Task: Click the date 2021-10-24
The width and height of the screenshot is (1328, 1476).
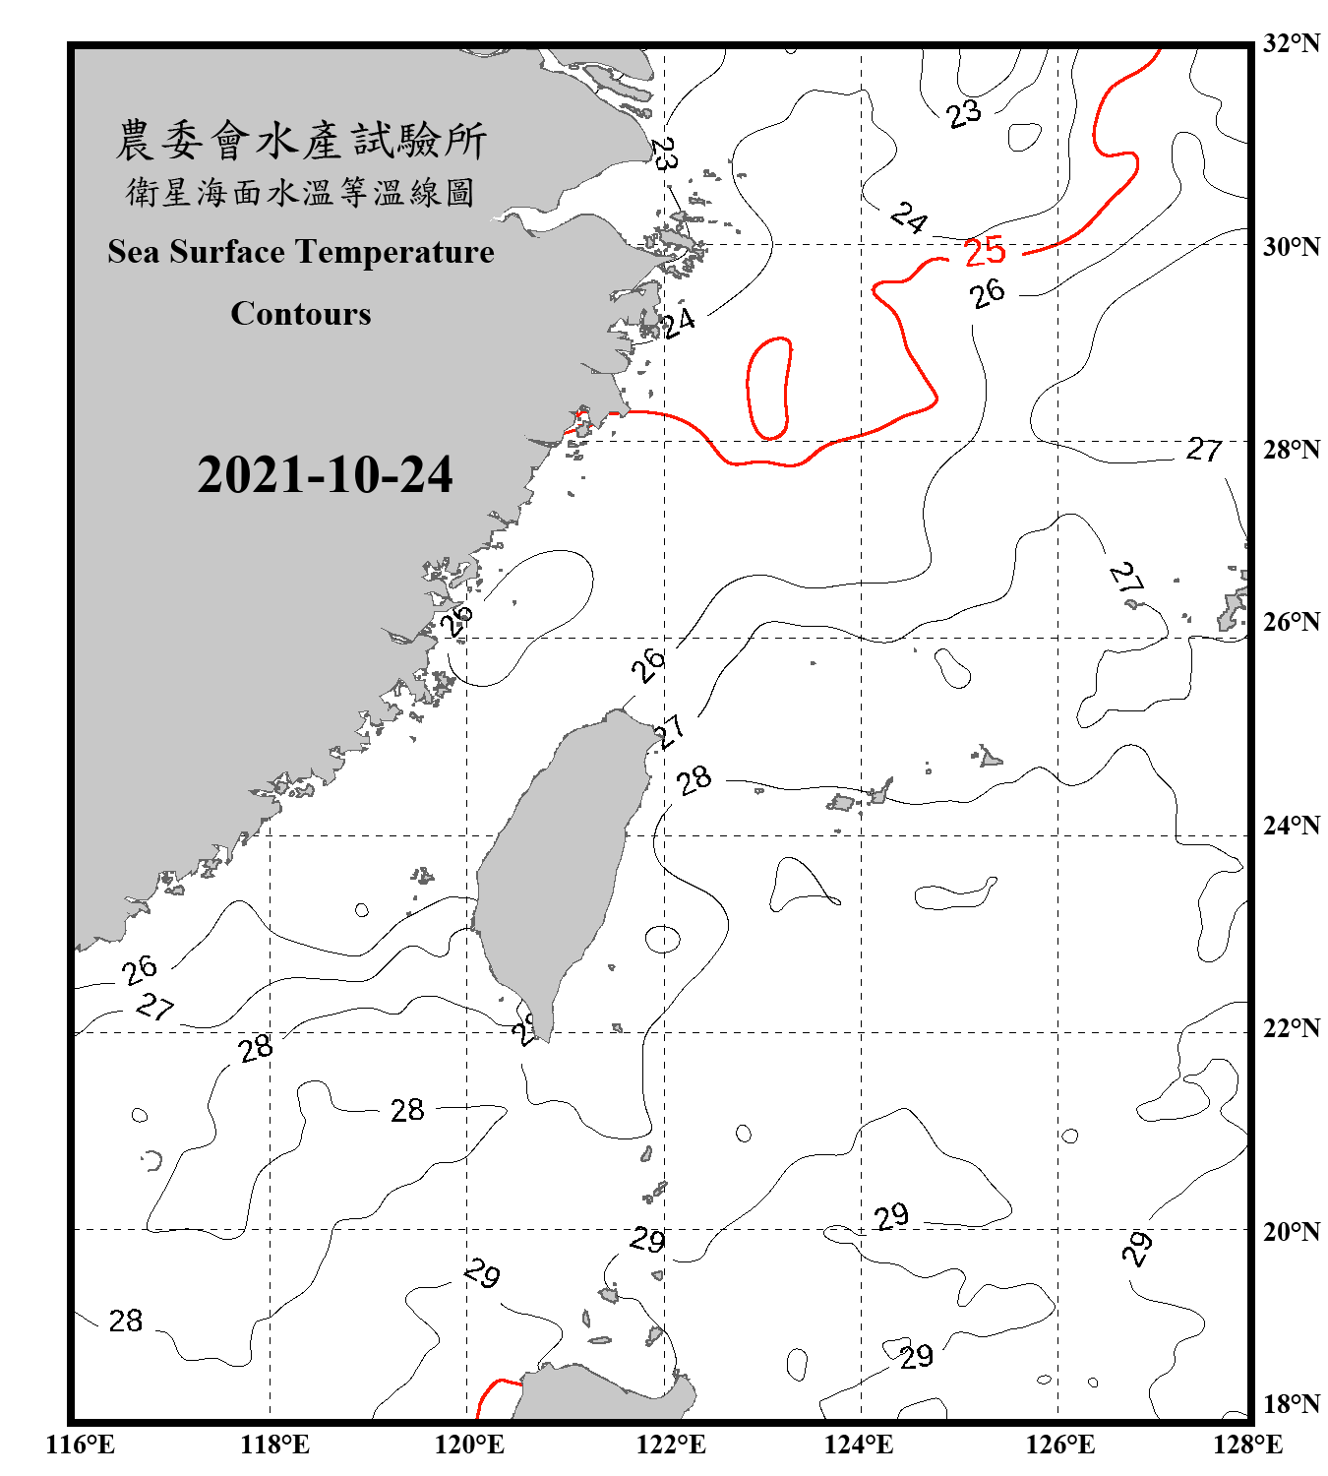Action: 325,475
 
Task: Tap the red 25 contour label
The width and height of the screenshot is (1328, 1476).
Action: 985,252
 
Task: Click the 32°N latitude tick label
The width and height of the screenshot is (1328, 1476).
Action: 1291,43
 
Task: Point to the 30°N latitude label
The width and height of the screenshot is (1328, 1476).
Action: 1291,246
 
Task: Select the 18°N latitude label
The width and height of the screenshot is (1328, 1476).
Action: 1291,1403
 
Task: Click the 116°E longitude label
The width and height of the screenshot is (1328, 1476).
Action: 81,1445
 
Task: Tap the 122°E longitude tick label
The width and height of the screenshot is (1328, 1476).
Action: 671,1445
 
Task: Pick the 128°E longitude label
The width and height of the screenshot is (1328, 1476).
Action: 1247,1445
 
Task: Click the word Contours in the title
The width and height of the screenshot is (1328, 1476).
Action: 301,314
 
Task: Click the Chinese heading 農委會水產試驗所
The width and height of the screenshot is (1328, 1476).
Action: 301,140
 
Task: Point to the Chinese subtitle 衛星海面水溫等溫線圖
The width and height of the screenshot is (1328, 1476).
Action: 301,192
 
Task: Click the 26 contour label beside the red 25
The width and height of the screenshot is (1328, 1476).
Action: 987,293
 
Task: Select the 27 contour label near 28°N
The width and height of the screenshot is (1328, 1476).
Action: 1203,450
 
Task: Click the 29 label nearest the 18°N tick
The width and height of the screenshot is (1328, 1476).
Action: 916,1357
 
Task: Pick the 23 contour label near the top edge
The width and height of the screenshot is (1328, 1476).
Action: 964,113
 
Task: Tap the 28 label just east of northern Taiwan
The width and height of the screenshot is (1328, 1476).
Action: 694,780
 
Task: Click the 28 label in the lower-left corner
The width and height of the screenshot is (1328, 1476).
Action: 126,1321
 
